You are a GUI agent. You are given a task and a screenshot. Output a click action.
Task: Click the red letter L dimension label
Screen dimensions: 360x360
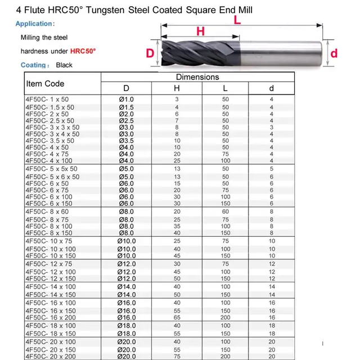coord(237,20)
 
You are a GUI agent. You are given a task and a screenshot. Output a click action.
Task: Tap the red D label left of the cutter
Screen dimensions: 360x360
coord(150,53)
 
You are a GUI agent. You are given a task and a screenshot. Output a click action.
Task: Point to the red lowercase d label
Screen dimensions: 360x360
coord(333,53)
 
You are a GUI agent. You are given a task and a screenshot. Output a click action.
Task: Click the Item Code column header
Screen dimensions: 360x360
coord(45,84)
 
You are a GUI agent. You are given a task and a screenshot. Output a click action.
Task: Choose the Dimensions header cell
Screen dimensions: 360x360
coord(197,77)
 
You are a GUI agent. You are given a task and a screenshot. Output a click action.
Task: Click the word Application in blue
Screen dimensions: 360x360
coord(35,24)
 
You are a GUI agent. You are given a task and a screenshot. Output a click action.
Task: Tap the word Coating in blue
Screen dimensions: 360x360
coord(33,65)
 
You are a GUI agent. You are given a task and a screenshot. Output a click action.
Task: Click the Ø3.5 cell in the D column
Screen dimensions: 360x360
coord(125,141)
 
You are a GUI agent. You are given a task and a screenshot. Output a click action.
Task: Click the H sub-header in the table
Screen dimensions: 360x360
coord(177,89)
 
